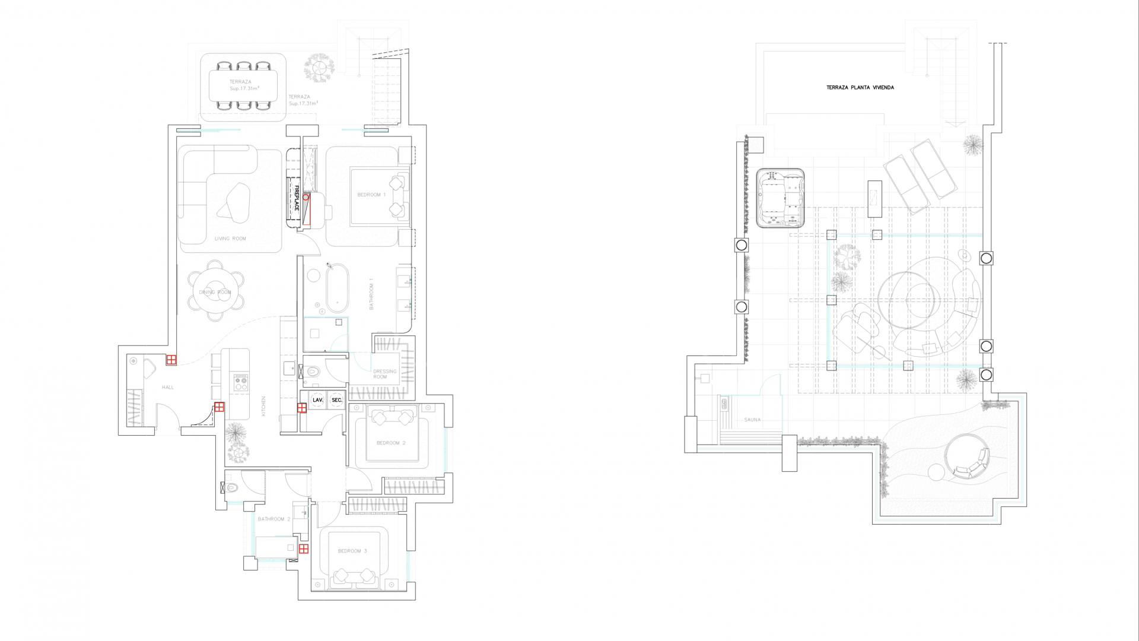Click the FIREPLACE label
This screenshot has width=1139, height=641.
(297, 198)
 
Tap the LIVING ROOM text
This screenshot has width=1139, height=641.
(230, 239)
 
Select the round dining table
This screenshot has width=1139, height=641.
(215, 291)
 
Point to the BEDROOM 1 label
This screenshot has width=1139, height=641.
(371, 195)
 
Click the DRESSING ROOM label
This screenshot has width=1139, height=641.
(384, 374)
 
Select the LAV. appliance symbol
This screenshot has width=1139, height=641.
(318, 400)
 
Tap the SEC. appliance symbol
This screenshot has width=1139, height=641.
(337, 400)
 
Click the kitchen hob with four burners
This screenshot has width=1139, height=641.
(240, 382)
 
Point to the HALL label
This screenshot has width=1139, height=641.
(168, 387)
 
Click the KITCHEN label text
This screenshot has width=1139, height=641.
(263, 406)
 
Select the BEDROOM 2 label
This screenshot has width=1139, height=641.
(391, 443)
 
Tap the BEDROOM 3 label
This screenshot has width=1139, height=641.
(352, 551)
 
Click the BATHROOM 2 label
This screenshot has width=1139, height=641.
(274, 519)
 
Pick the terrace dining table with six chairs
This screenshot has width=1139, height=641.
(243, 85)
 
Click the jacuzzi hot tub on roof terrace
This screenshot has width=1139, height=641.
(780, 198)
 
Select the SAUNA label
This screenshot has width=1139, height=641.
(752, 420)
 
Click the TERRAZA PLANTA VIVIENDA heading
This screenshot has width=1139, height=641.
(860, 87)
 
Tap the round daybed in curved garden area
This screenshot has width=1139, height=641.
(967, 457)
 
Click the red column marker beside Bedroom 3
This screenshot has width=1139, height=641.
(304, 549)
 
